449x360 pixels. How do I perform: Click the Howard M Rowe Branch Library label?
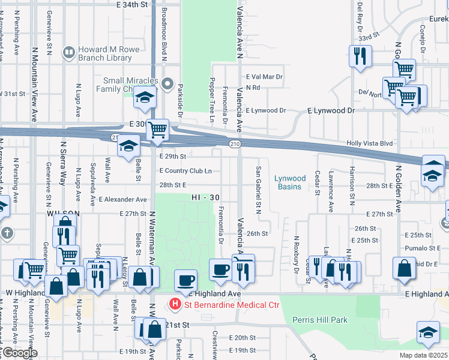pos(104,54)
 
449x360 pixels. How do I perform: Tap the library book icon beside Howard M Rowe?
pos(68,53)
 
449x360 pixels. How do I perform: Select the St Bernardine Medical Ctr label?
pos(232,305)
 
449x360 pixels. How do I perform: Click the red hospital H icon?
pos(175,305)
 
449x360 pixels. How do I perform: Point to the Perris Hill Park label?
pos(320,320)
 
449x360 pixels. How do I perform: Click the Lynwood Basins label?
pos(293,182)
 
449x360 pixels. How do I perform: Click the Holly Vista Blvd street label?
pos(370,143)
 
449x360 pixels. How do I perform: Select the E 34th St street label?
pos(131,4)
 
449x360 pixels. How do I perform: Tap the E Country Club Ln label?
pos(185,171)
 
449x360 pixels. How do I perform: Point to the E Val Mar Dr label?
pos(264,77)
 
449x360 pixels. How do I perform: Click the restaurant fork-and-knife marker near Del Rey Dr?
pos(360,57)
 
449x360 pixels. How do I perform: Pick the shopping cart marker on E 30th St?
pos(157,129)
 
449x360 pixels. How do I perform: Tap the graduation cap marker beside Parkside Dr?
pos(145,97)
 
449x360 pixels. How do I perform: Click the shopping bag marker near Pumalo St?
pos(405,268)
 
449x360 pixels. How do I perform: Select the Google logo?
pos(20,353)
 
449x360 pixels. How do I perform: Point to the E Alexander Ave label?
pos(123,199)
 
